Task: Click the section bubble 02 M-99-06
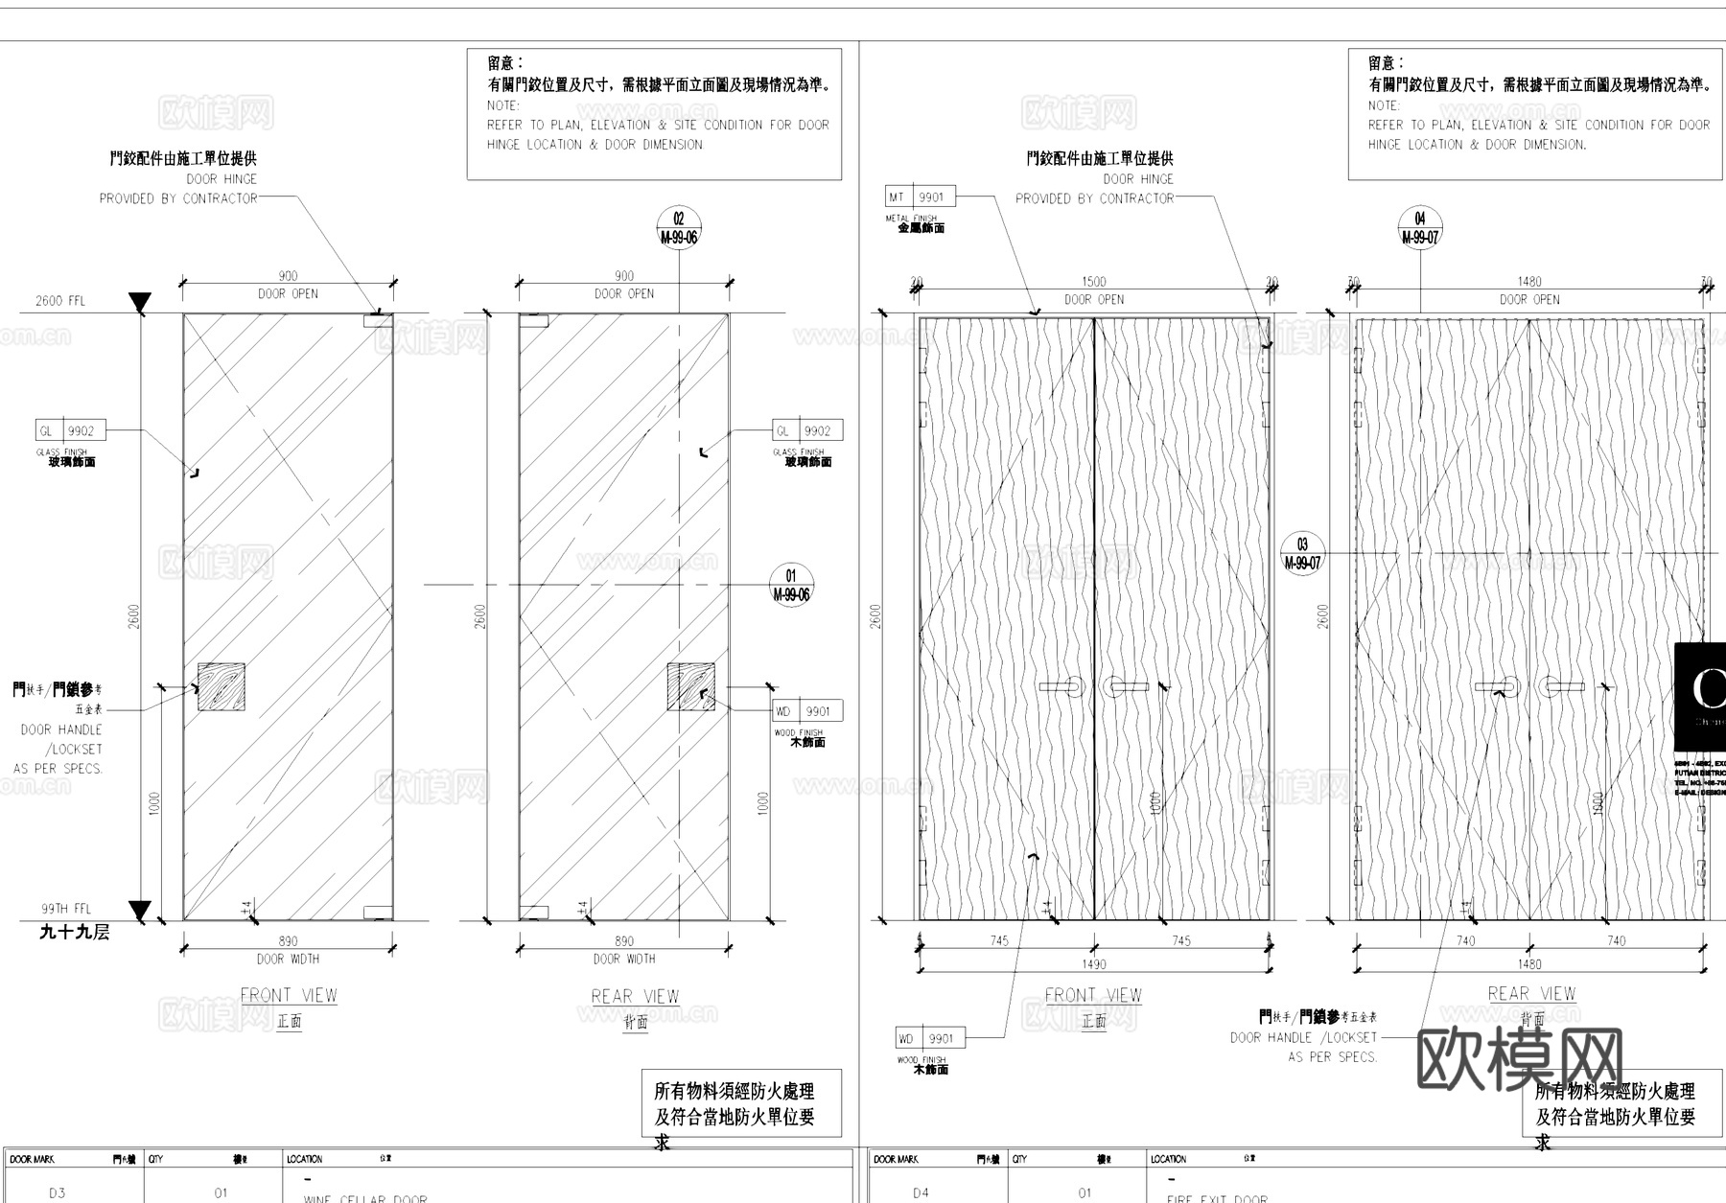point(679,228)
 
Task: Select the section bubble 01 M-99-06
point(791,585)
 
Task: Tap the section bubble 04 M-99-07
point(1420,228)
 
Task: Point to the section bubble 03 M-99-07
point(1302,554)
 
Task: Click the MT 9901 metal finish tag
point(920,197)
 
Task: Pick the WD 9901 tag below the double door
point(930,1038)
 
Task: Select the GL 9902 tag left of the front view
point(70,431)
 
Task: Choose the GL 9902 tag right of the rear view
point(807,431)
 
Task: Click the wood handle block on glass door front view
point(221,686)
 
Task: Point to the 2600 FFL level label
point(60,301)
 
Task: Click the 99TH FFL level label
point(66,909)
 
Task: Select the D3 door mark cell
point(58,1193)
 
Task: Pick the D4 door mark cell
point(921,1193)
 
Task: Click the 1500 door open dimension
point(1093,282)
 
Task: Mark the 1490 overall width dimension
point(1093,964)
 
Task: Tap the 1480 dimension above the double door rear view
point(1529,282)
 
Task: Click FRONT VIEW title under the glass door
point(289,996)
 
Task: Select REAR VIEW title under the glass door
point(635,997)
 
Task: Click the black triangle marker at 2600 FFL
point(140,303)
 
